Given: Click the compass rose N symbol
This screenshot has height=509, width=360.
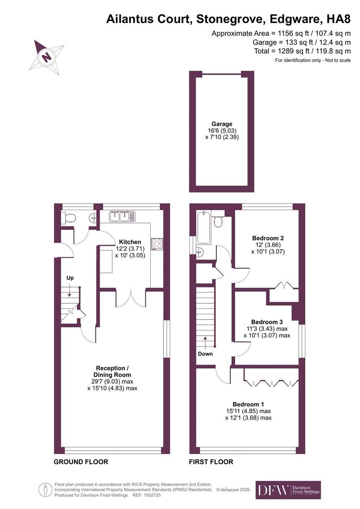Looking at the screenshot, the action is tap(47, 57).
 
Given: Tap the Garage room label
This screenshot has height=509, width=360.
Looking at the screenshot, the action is tap(222, 123).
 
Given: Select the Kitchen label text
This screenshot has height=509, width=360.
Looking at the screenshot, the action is tap(130, 242).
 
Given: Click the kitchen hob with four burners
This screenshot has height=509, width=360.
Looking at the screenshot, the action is tap(157, 244).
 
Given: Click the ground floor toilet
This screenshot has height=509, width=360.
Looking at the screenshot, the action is tap(68, 218).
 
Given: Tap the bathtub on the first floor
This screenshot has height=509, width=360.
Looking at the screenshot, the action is tap(204, 227).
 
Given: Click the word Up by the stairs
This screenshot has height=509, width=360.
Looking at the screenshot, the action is tap(70, 278).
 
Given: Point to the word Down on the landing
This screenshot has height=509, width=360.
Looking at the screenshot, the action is tap(205, 353).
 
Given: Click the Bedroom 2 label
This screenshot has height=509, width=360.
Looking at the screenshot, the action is tap(268, 238).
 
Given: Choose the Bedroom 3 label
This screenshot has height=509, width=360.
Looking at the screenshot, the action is tap(267, 322).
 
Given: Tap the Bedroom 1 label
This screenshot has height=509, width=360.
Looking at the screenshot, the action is tap(248, 404).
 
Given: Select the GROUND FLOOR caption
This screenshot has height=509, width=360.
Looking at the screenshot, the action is tap(81, 461).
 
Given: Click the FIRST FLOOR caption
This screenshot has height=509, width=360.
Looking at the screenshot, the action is tap(211, 461).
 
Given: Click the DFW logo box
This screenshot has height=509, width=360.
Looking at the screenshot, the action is tap(288, 490).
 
